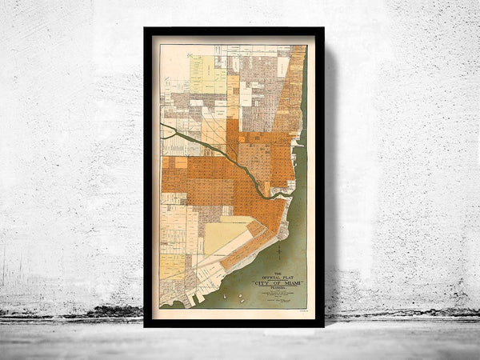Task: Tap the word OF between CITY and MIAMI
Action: point(273,282)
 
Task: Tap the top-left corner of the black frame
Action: point(146,29)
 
